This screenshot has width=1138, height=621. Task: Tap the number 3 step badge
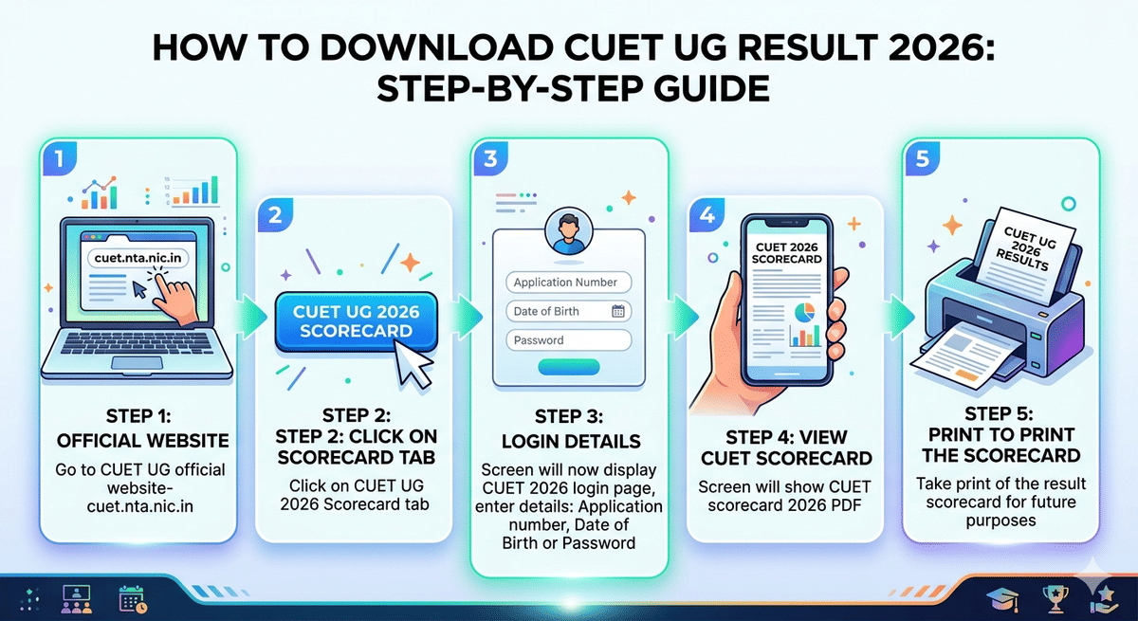[x=490, y=158]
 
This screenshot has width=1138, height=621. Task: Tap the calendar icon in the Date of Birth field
[x=618, y=311]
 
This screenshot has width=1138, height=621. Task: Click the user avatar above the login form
[x=569, y=233]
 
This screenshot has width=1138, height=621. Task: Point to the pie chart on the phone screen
[x=803, y=314]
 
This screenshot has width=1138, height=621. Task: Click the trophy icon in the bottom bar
[x=1055, y=597]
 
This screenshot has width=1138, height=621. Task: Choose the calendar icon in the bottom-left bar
[x=131, y=597]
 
